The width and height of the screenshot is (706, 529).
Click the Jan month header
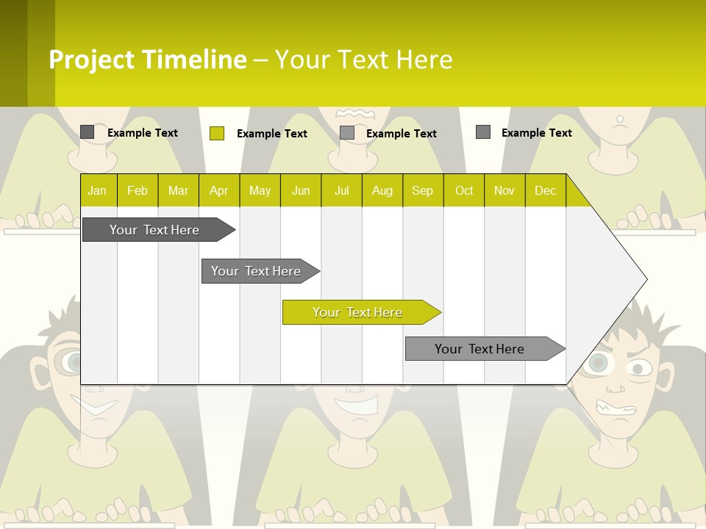[97, 191]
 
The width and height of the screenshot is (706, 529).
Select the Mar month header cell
[178, 191]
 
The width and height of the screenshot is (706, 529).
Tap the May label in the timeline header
[260, 191]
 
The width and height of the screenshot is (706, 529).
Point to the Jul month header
[341, 191]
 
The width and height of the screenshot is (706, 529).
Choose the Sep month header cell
[422, 191]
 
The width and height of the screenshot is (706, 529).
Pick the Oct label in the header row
[464, 191]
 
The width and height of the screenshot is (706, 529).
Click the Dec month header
[545, 191]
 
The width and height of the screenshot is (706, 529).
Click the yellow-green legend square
[217, 133]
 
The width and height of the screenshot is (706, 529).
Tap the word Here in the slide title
[424, 60]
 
